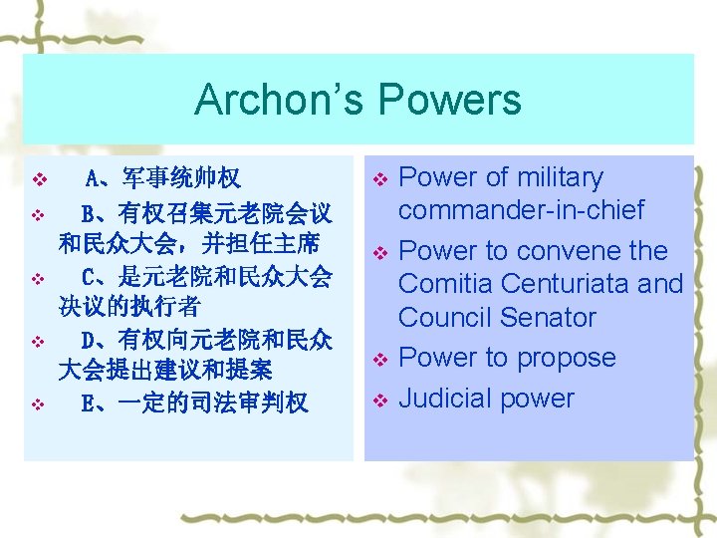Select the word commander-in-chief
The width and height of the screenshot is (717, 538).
[x=521, y=210]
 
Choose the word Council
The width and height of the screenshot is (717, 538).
[x=449, y=318]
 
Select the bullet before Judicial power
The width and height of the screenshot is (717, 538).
[x=378, y=401]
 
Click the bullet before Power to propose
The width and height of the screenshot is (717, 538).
[x=378, y=359]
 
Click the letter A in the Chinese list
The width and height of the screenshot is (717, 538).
[x=92, y=179]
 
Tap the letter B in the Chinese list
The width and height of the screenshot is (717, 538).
[x=89, y=213]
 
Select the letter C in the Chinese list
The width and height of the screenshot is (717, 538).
[x=89, y=274]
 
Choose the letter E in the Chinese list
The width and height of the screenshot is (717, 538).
[x=89, y=403]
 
